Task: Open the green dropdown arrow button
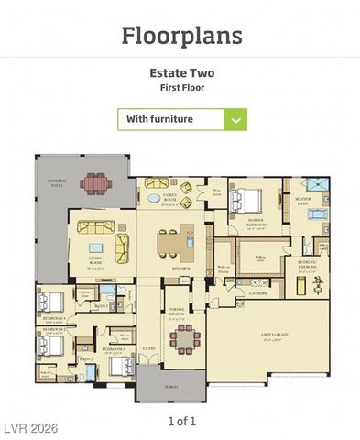(235, 119)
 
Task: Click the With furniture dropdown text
(159, 119)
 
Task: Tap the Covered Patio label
(57, 183)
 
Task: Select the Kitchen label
(180, 268)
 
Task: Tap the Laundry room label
(256, 295)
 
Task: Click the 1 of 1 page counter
(181, 421)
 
